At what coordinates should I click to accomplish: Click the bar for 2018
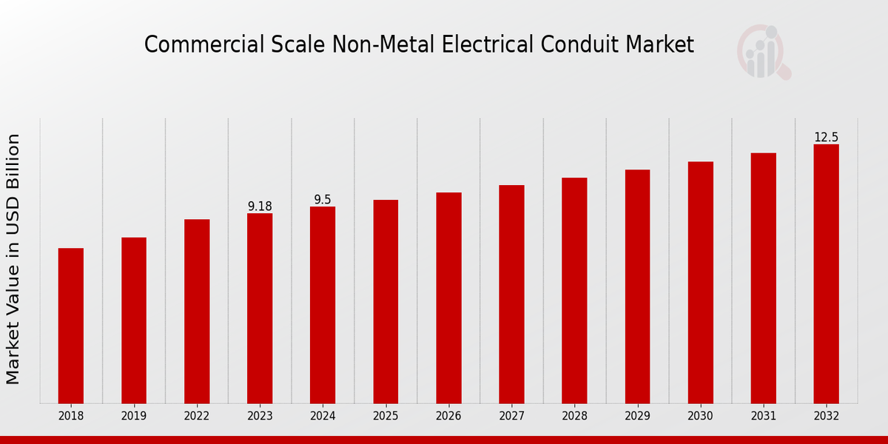pos(71,326)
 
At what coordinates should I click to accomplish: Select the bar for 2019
pos(134,320)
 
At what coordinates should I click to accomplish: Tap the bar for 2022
pos(197,311)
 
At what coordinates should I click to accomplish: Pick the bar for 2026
pos(448,297)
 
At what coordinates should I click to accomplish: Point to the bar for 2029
pos(637,286)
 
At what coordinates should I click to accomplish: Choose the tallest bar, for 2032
pos(826,274)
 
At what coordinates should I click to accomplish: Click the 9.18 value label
pos(260,206)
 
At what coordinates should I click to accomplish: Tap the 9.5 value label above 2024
pos(323,200)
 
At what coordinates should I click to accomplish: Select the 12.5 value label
pos(826,138)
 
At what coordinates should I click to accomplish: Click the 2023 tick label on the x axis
pos(260,416)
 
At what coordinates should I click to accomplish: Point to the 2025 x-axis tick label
pos(386,416)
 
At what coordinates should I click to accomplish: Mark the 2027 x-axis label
pos(511,416)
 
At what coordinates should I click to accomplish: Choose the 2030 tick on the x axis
pos(700,416)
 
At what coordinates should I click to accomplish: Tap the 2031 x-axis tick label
pos(763,416)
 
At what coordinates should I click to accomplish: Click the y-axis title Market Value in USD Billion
pos(13,259)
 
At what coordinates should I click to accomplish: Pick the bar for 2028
pos(574,290)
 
